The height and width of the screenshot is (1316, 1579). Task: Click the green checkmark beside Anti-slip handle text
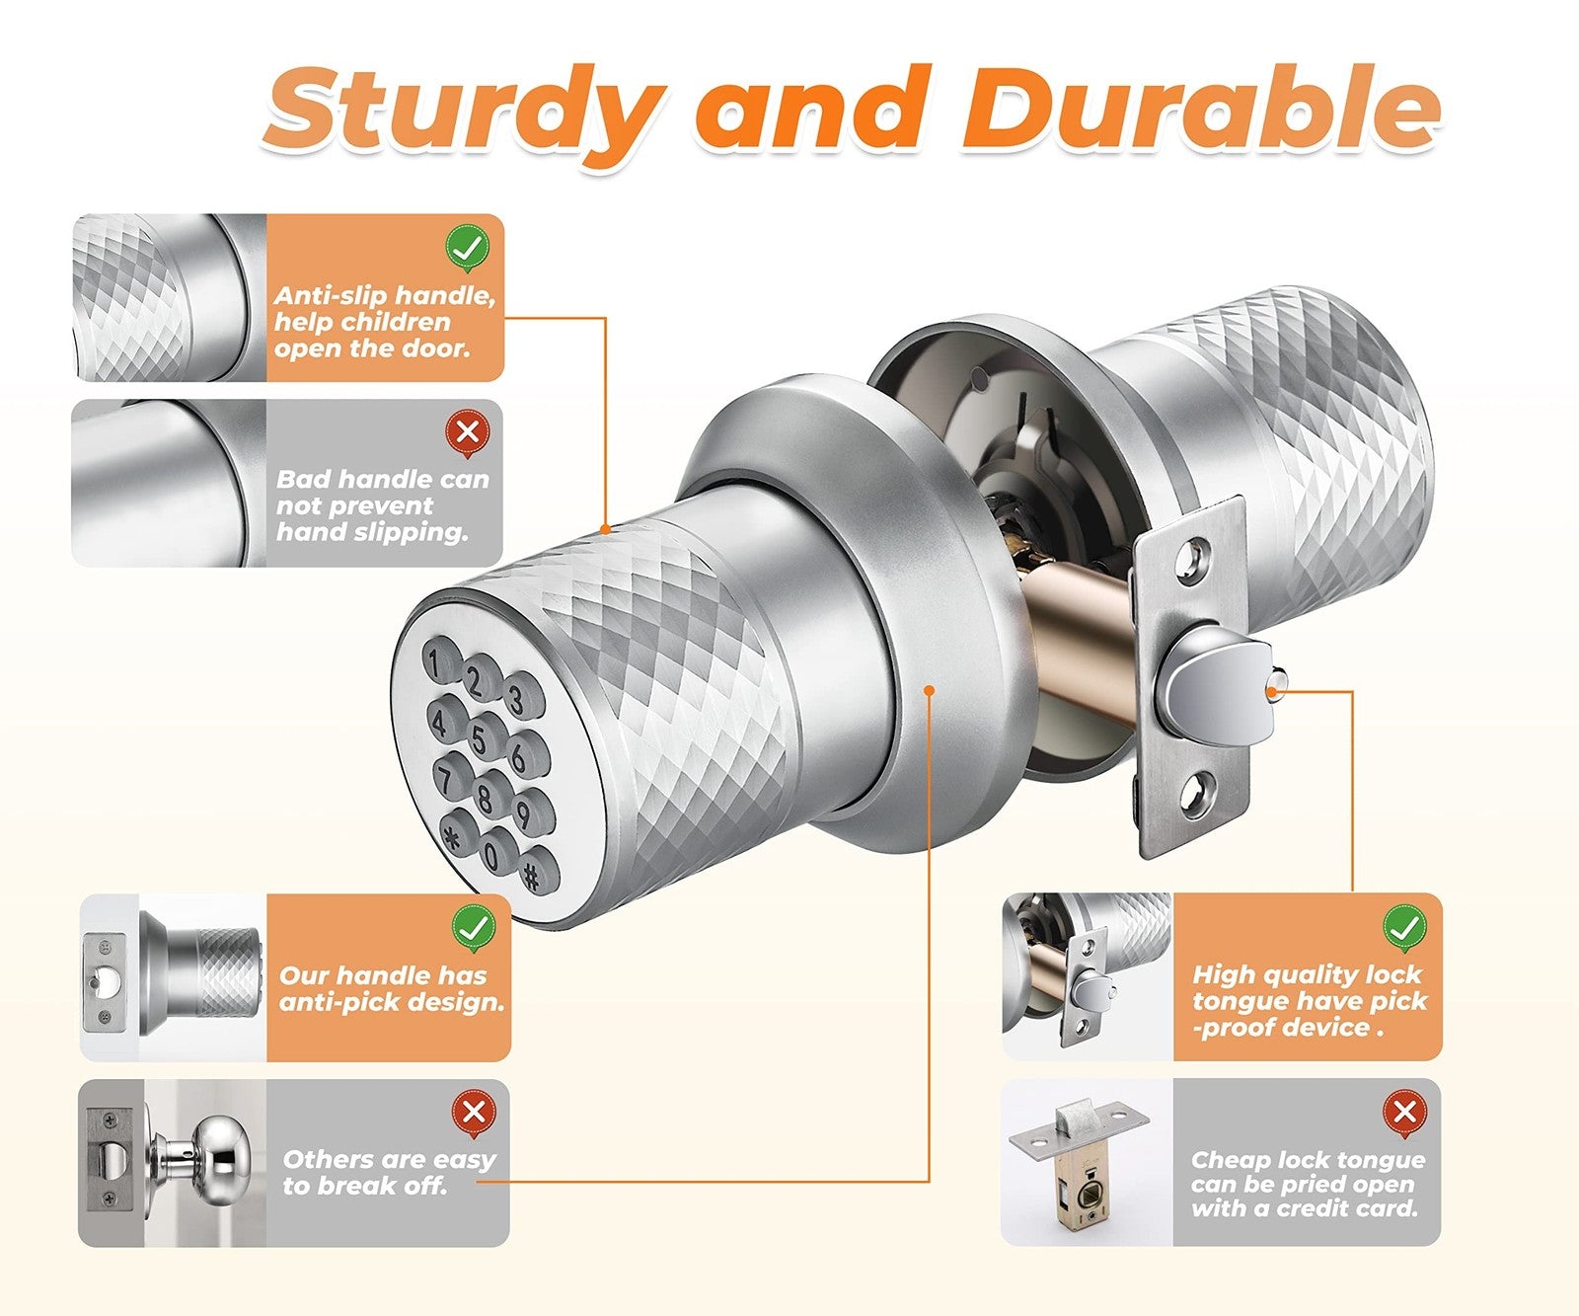(467, 248)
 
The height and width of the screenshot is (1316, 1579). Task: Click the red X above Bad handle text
(468, 432)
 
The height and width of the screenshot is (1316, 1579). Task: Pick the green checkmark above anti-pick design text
(474, 928)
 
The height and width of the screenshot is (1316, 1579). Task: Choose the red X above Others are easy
(474, 1113)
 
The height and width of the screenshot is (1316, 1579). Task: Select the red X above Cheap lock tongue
(1404, 1113)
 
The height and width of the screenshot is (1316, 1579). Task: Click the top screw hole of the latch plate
(1196, 554)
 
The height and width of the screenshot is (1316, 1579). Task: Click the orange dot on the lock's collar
(928, 689)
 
